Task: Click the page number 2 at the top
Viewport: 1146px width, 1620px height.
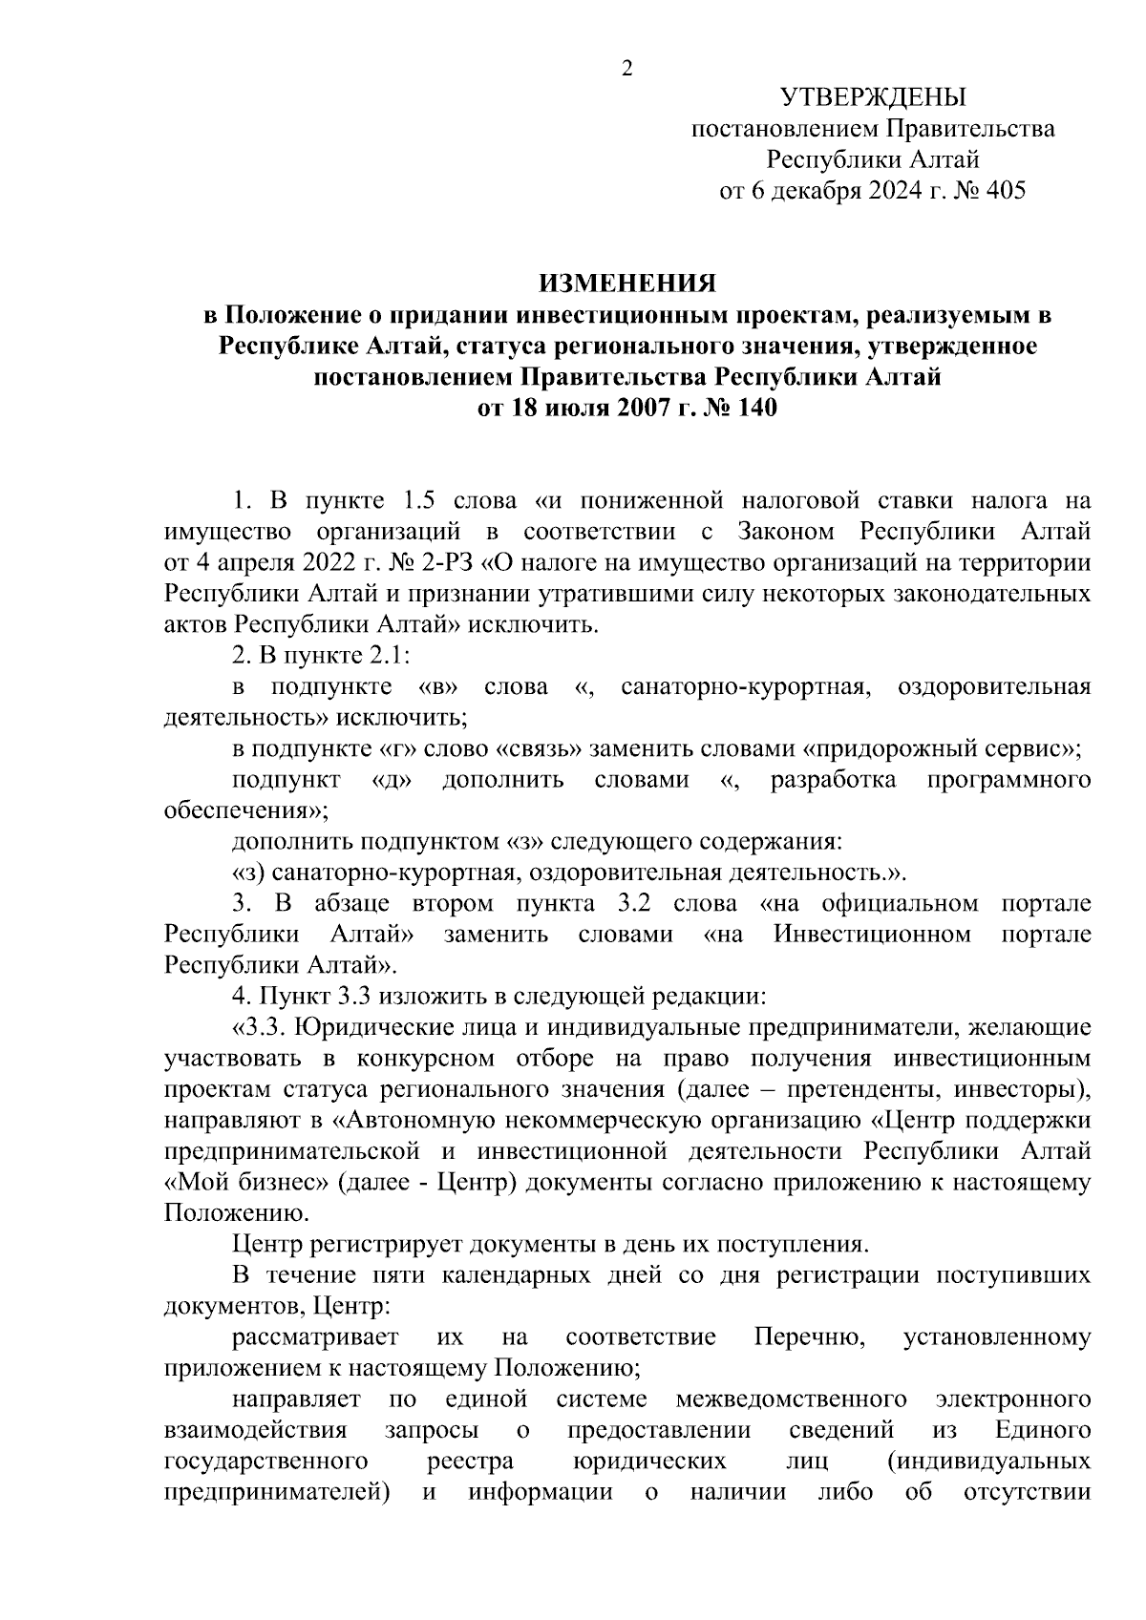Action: [627, 69]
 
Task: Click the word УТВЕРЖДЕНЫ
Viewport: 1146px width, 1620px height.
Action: [873, 97]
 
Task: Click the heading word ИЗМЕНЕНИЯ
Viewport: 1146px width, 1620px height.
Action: [627, 284]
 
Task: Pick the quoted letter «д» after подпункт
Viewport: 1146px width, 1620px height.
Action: [391, 780]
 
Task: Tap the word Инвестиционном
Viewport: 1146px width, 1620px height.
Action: [872, 934]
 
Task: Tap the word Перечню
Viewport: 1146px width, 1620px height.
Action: [809, 1337]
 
